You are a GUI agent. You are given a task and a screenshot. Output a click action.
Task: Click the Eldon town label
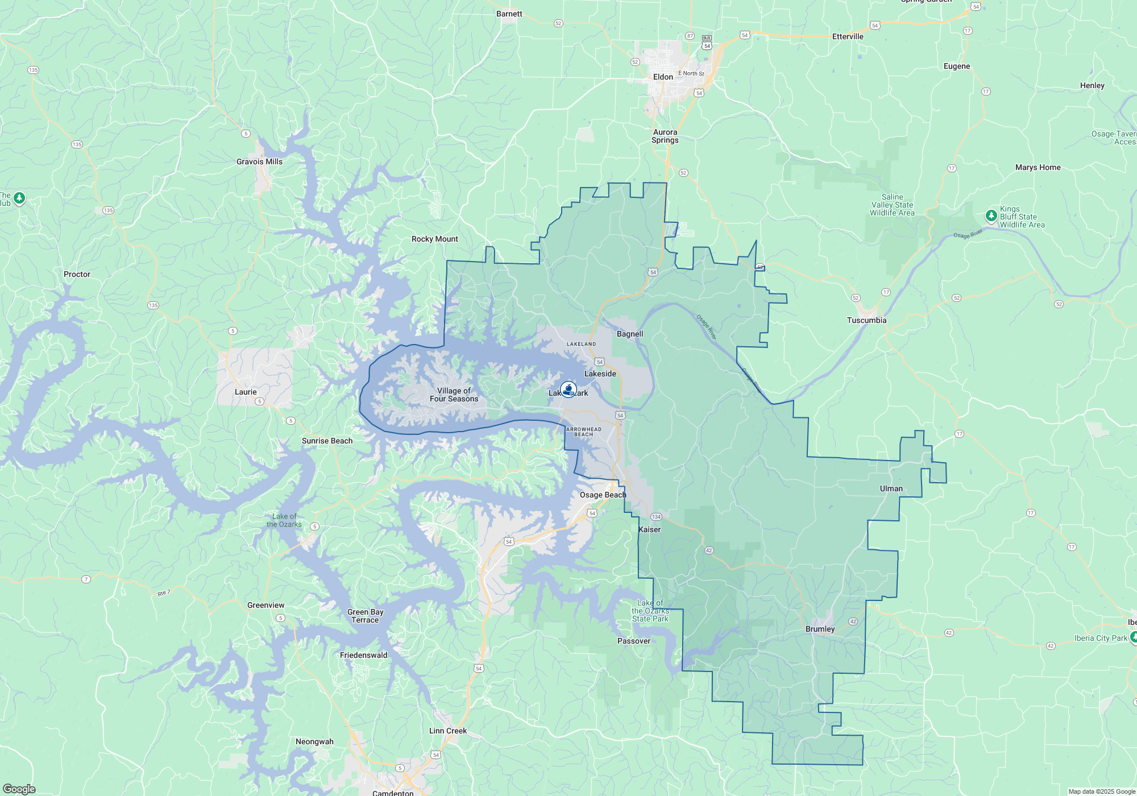click(x=663, y=77)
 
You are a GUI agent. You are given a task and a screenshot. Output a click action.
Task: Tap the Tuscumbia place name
click(x=866, y=320)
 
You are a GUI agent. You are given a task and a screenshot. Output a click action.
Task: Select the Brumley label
click(x=820, y=629)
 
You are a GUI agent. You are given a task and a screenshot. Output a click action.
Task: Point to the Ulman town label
click(x=891, y=488)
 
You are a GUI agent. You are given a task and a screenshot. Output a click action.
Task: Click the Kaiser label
click(x=649, y=529)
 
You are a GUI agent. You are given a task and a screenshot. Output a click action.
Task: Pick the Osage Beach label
click(x=603, y=495)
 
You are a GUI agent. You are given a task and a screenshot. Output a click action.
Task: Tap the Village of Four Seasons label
click(x=454, y=395)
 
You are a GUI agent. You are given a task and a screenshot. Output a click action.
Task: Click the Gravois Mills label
click(x=259, y=161)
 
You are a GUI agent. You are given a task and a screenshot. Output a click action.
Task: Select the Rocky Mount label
click(x=434, y=239)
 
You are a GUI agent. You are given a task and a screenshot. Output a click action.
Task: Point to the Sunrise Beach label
click(x=327, y=441)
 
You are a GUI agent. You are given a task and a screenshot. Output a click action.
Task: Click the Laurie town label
click(x=246, y=392)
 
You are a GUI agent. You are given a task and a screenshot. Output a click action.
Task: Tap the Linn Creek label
click(x=447, y=731)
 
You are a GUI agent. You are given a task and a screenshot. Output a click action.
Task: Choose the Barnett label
click(x=509, y=14)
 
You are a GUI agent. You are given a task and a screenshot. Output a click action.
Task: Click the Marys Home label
click(x=1038, y=167)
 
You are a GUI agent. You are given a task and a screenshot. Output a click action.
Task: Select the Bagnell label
click(x=630, y=334)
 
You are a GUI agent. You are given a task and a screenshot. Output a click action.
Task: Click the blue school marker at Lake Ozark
click(x=568, y=389)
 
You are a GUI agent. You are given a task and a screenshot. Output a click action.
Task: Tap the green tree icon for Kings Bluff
click(x=991, y=215)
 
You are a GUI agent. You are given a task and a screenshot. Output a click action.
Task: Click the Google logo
click(x=19, y=789)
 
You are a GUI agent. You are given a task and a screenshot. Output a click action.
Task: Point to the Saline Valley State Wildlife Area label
click(x=892, y=205)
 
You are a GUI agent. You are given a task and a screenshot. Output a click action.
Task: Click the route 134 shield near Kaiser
click(x=656, y=517)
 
